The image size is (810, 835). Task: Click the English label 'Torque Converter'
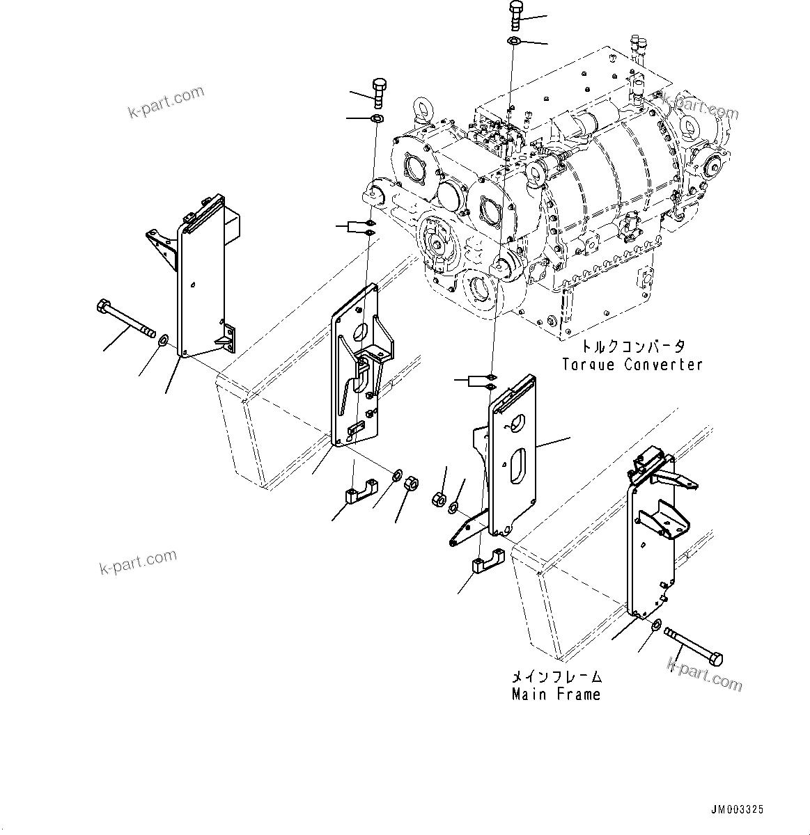pos(632,364)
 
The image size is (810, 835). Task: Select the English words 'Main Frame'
pos(556,694)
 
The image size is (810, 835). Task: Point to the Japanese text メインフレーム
pos(556,676)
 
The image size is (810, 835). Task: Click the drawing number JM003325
pos(737,809)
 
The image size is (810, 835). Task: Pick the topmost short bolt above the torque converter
pos(515,14)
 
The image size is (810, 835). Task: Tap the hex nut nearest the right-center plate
pos(439,498)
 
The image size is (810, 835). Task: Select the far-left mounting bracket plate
pos(202,285)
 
